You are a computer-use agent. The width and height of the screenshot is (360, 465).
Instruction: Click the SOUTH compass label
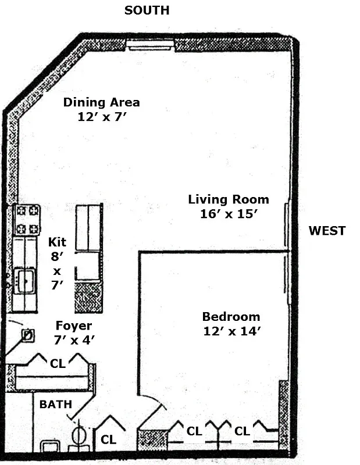147,10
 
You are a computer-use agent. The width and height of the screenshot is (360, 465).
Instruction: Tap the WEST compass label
326,231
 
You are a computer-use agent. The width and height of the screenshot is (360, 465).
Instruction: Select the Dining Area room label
101,102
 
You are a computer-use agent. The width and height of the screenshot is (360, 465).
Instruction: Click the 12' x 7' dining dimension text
101,116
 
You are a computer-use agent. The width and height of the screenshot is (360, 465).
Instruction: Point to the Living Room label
228,199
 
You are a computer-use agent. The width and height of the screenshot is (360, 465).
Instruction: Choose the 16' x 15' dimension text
228,213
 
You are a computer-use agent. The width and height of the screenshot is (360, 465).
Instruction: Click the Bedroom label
231,317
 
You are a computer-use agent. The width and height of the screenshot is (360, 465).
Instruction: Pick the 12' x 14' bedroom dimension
231,331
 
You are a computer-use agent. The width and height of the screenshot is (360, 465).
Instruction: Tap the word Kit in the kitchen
57,241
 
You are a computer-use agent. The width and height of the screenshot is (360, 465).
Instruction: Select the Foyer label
73,325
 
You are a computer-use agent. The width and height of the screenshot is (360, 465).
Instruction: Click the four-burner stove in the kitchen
27,220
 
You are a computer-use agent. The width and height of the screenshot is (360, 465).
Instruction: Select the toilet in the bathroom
79,437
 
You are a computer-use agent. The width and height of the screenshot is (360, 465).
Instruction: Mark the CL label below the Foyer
58,364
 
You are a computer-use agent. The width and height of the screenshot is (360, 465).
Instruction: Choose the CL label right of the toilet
108,440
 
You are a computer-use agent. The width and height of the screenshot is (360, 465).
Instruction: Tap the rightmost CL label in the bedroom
243,431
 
